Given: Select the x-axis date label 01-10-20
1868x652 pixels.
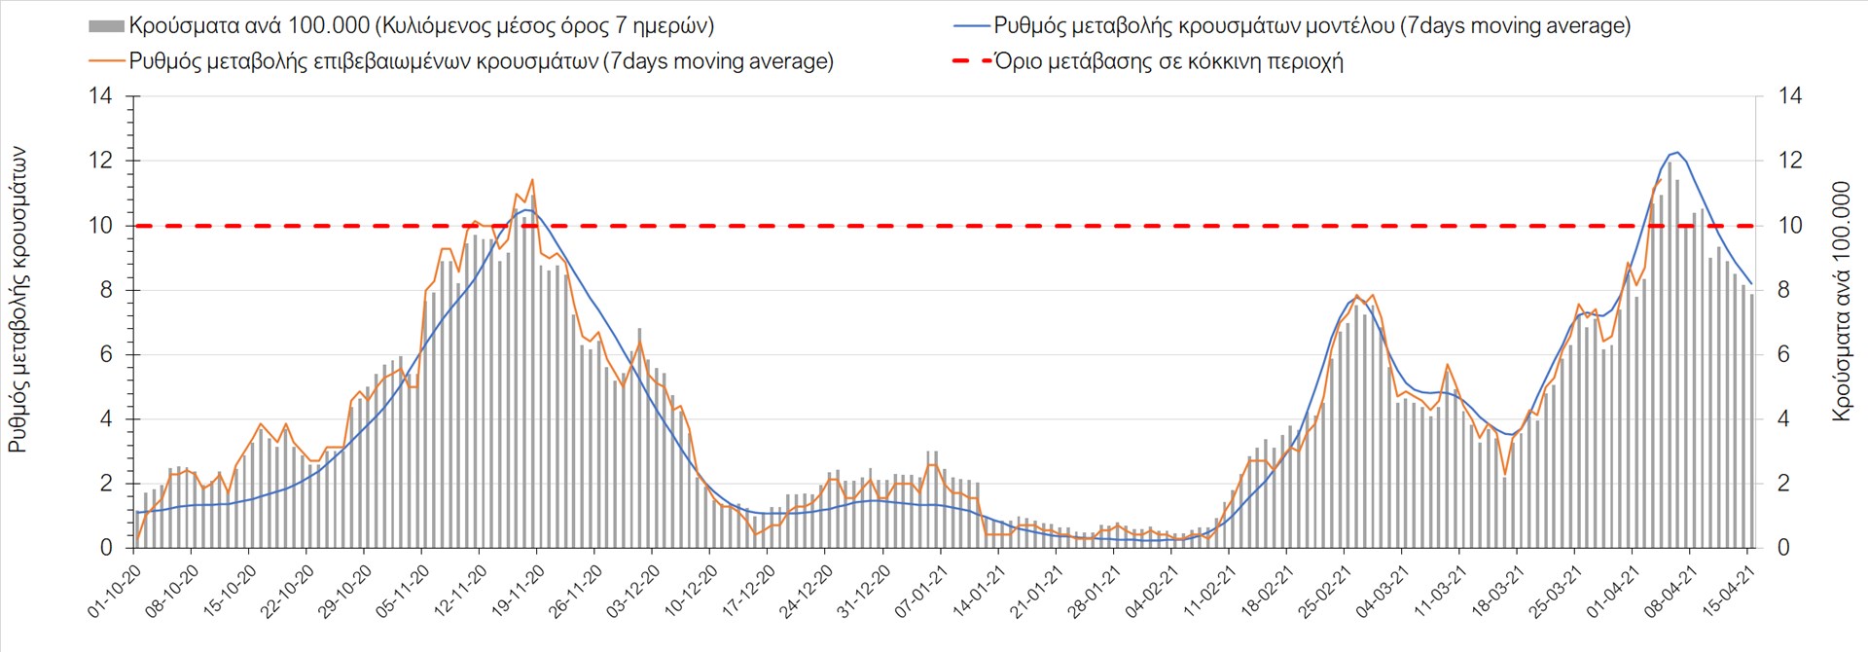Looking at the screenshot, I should click(x=115, y=591).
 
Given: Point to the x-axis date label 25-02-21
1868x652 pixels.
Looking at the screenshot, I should click(x=1325, y=591).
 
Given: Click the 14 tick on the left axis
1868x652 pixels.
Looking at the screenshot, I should click(x=100, y=96).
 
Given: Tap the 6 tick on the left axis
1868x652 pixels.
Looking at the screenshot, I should click(x=106, y=355).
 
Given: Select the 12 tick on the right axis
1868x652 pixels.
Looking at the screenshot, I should click(x=1790, y=161).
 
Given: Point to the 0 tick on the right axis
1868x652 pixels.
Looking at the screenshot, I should click(x=1783, y=548).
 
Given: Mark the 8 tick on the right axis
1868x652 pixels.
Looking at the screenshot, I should click(x=1783, y=290).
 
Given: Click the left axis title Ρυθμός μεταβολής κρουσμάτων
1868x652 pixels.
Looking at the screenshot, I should click(x=18, y=300).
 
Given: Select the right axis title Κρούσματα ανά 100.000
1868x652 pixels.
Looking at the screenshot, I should click(x=1841, y=300).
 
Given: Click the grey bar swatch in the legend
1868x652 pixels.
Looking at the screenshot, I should click(x=106, y=26).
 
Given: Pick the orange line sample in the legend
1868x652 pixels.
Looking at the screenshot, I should click(x=106, y=61).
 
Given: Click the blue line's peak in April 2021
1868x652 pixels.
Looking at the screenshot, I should click(x=1675, y=153).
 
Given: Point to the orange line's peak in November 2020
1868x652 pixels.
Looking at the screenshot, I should click(x=532, y=179).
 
